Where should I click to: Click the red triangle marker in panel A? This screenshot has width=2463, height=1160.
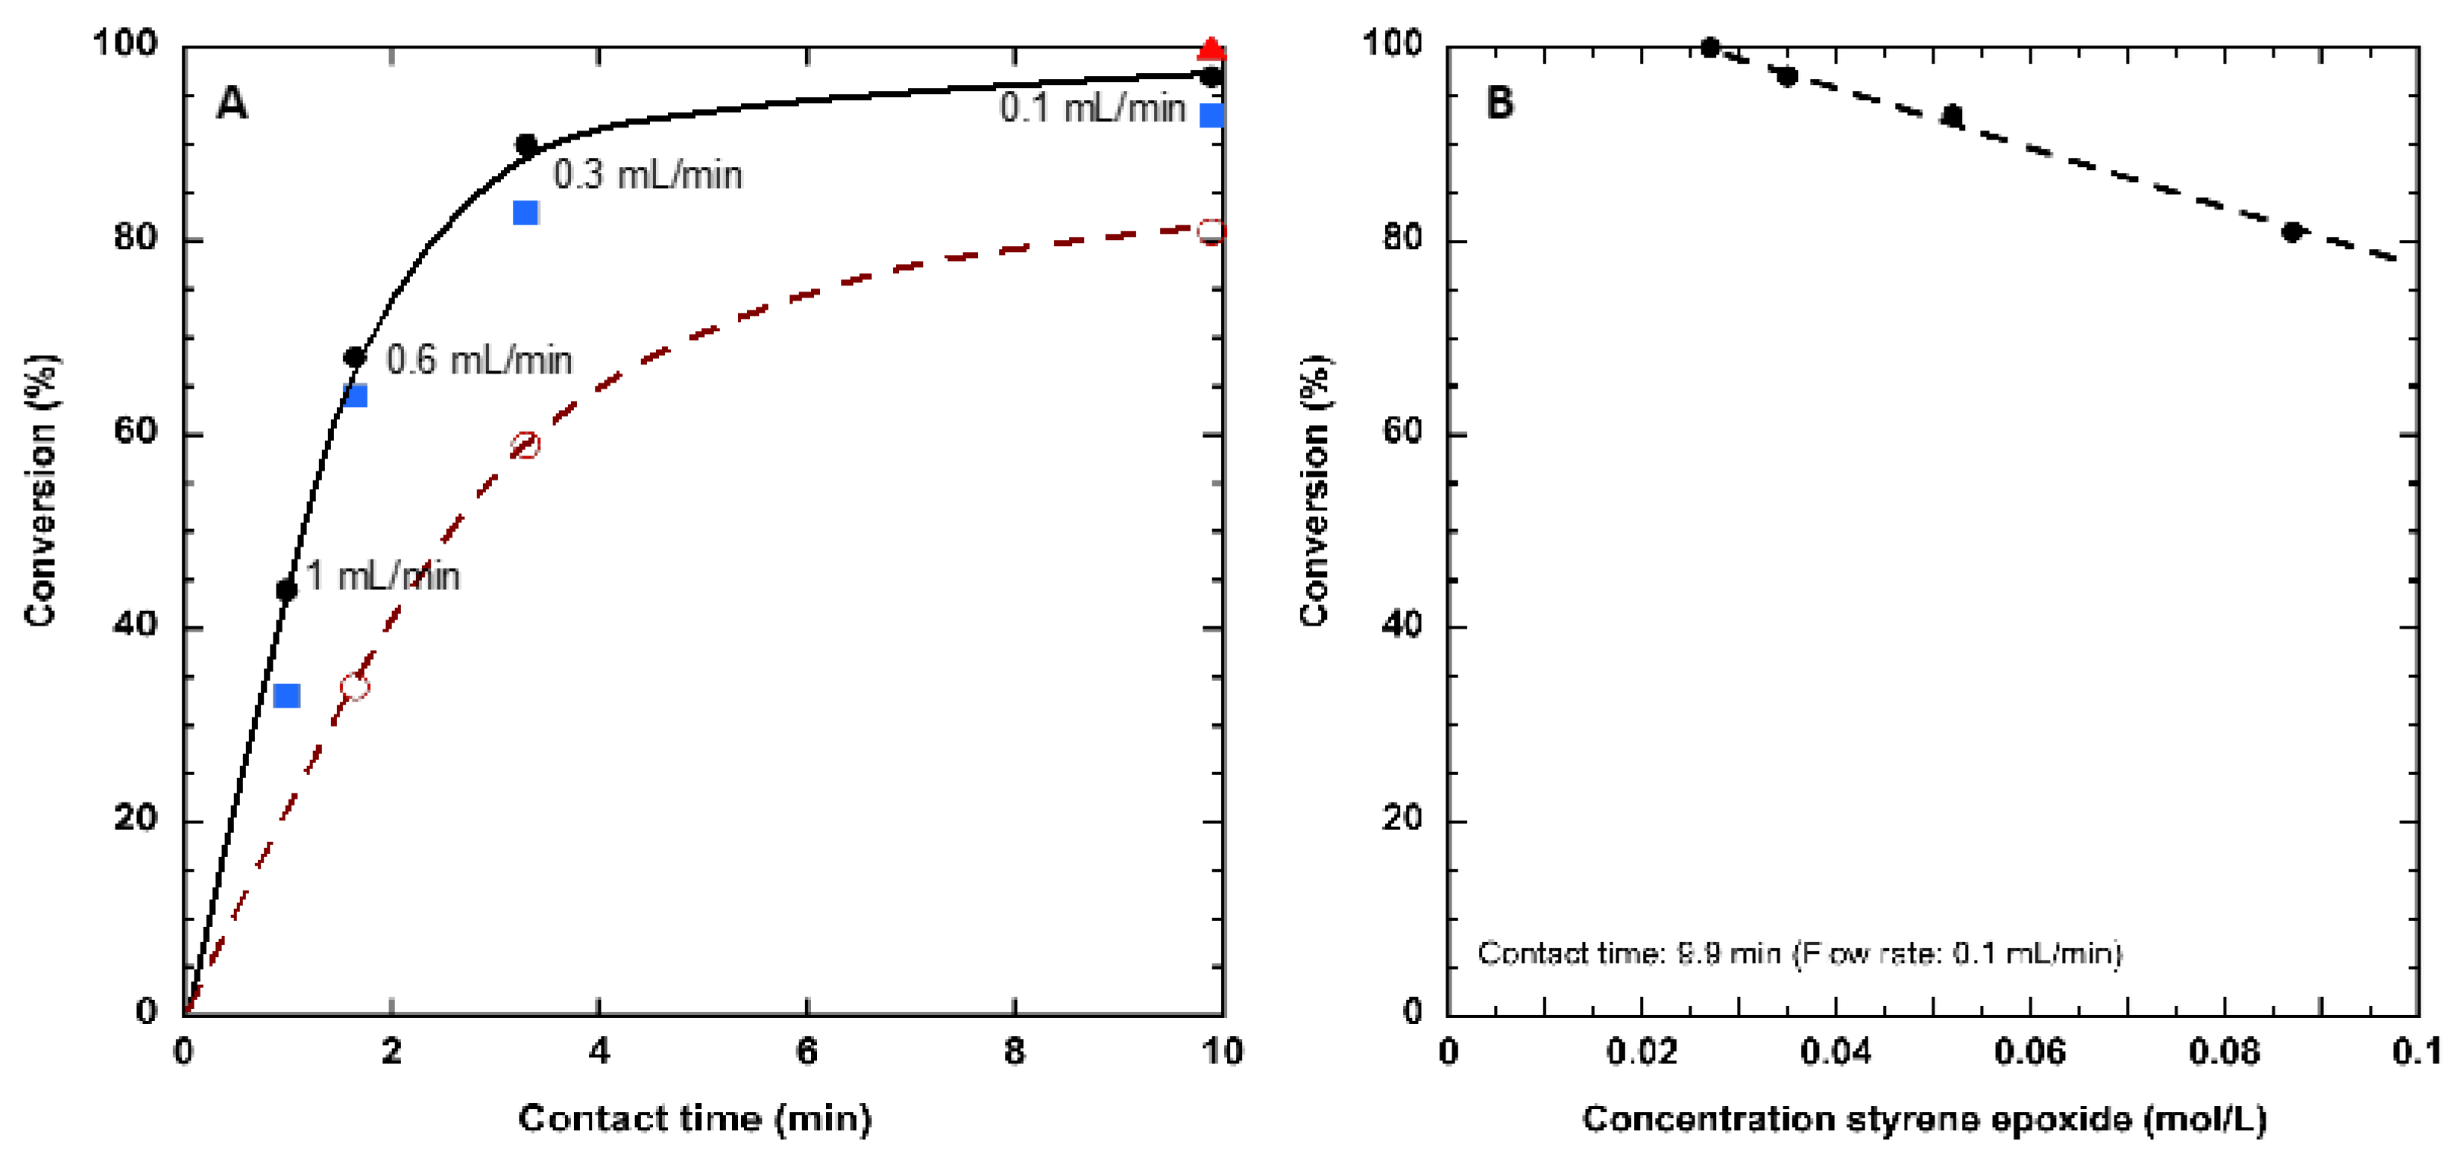tap(1210, 49)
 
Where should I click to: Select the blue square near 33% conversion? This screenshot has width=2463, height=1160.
tap(286, 695)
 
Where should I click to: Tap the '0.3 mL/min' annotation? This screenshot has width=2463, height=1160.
tap(648, 175)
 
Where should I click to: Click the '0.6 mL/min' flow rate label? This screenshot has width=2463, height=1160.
tap(479, 361)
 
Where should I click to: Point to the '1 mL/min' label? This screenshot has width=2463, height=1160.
tap(383, 575)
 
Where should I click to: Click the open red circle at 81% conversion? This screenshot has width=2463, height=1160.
tap(1210, 232)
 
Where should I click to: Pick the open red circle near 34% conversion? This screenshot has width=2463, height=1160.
tap(355, 686)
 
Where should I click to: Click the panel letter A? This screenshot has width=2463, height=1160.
tap(232, 102)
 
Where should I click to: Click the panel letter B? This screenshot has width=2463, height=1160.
tap(1500, 102)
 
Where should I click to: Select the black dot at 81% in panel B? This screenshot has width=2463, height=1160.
tap(2292, 232)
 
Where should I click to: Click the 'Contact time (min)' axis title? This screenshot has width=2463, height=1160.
tap(695, 1118)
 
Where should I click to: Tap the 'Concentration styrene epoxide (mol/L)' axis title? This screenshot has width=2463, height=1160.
tap(1924, 1118)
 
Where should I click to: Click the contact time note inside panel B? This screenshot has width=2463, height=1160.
tap(1799, 954)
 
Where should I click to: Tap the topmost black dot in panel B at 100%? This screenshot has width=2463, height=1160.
tap(1711, 47)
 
